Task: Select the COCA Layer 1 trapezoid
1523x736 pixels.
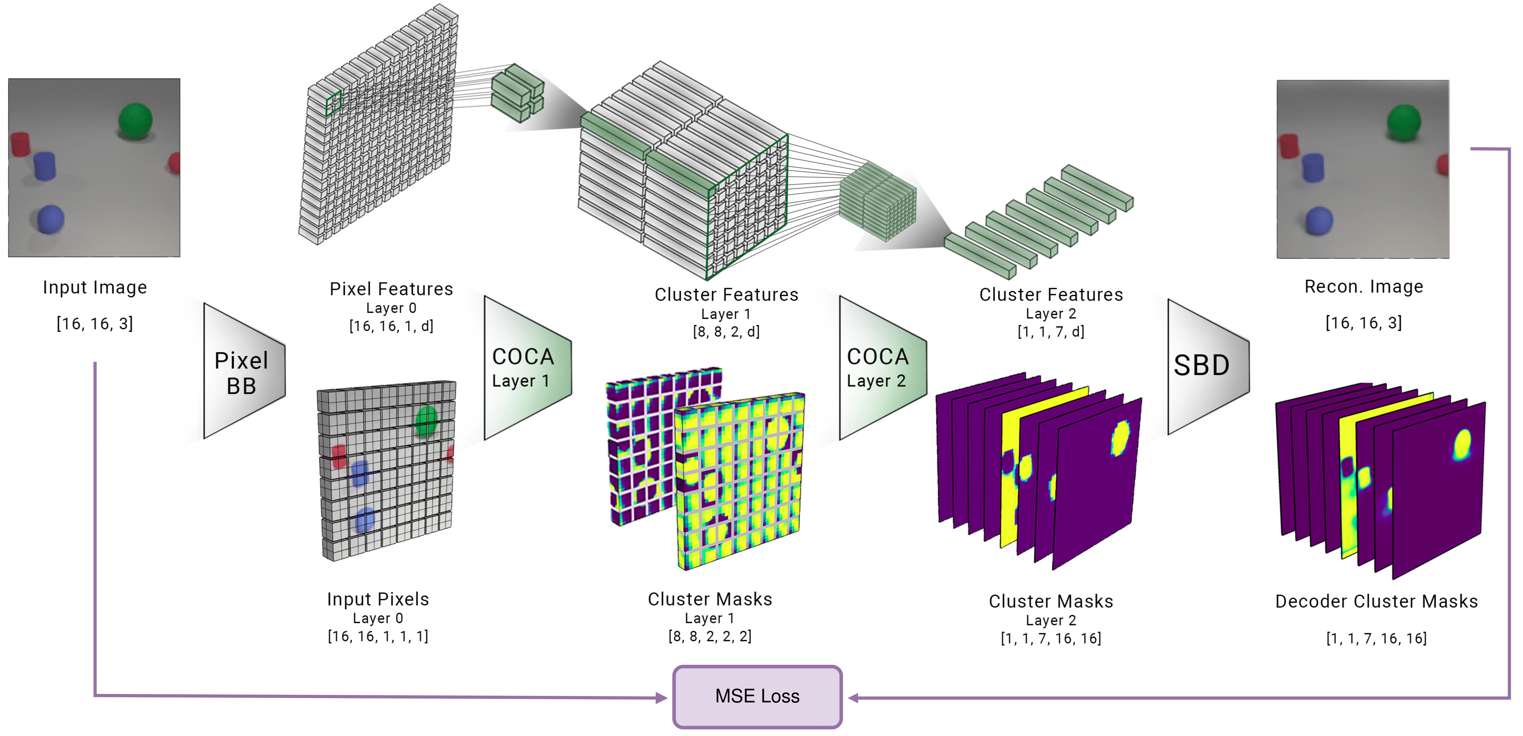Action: [x=525, y=368]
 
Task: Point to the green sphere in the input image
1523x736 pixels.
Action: [x=135, y=121]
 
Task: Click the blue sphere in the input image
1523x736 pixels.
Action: [x=50, y=219]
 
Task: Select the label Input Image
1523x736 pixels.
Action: [x=95, y=288]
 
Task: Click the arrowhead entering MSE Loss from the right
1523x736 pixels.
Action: [x=853, y=698]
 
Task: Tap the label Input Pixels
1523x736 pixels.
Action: [x=378, y=599]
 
